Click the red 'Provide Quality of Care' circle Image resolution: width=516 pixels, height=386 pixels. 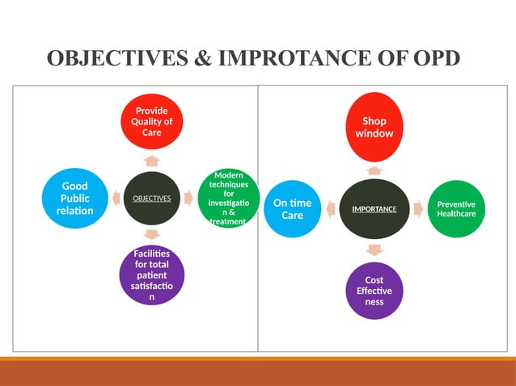[152, 121]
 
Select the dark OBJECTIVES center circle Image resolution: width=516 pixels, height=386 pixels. [152, 198]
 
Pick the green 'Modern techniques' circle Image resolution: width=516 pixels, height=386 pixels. [229, 199]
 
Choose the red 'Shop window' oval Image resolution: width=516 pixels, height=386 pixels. [374, 128]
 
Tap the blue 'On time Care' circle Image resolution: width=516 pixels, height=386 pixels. [292, 209]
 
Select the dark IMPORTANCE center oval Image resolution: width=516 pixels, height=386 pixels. [374, 209]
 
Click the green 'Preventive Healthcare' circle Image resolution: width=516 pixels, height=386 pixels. [456, 209]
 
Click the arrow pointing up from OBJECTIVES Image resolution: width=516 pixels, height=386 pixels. [152, 160]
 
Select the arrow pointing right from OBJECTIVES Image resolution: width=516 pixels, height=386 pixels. [188, 197]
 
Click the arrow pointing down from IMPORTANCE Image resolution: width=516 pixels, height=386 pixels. [374, 249]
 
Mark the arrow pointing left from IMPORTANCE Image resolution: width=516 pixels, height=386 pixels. [331, 209]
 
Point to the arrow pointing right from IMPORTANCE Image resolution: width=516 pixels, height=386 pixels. [418, 209]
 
